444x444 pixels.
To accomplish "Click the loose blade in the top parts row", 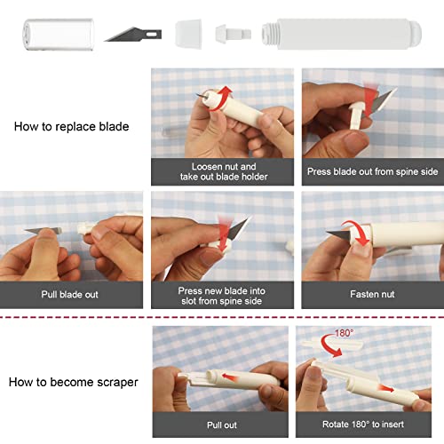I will pos(133,35).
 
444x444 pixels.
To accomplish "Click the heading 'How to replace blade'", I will pos(71,126).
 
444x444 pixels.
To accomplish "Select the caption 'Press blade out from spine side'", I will pos(371,171).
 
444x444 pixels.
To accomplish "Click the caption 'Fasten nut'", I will pos(371,292).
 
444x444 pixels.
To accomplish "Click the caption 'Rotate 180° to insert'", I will pos(371,425).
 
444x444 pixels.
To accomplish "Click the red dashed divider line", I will pos(222,315).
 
